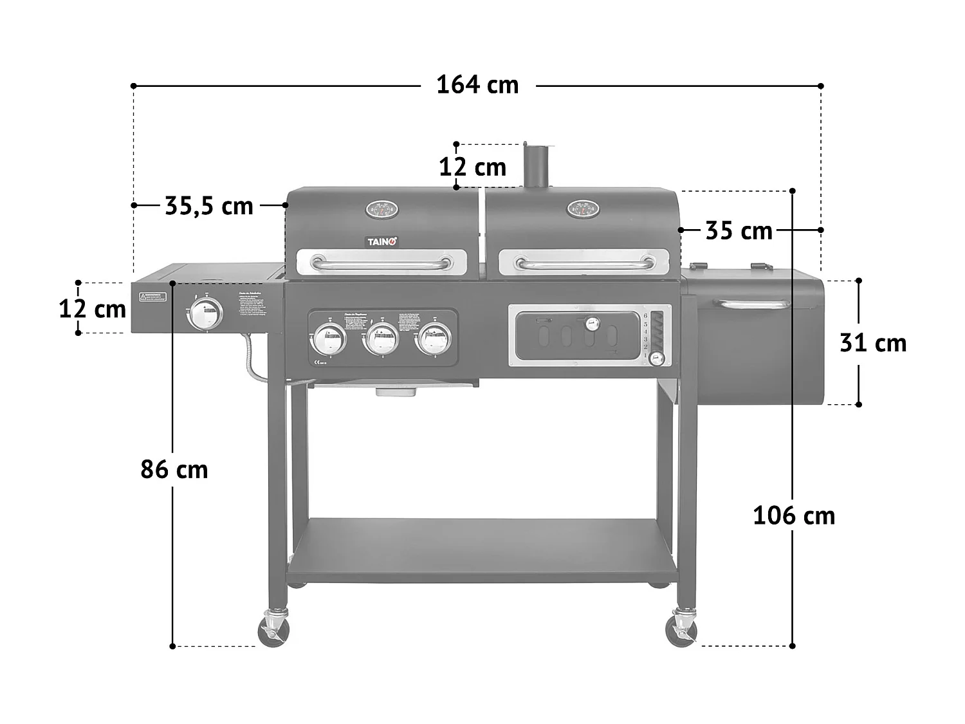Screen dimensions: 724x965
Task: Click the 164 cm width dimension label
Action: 477,85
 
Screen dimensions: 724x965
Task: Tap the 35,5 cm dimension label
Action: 209,206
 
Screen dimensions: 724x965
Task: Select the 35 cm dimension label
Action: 739,230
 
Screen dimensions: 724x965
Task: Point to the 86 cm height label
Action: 174,470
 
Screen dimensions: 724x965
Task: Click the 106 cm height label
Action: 794,515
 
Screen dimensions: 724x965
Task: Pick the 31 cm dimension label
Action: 873,343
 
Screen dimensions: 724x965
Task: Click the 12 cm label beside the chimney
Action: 472,167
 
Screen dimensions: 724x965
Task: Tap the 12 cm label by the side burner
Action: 93,309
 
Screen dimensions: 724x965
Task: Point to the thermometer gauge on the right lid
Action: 583,208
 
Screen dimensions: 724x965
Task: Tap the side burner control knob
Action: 205,314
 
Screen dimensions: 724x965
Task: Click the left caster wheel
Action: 273,631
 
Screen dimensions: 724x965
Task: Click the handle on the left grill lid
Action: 381,263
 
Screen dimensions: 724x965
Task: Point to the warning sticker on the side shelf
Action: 152,297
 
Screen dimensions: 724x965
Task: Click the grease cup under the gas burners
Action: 393,391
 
